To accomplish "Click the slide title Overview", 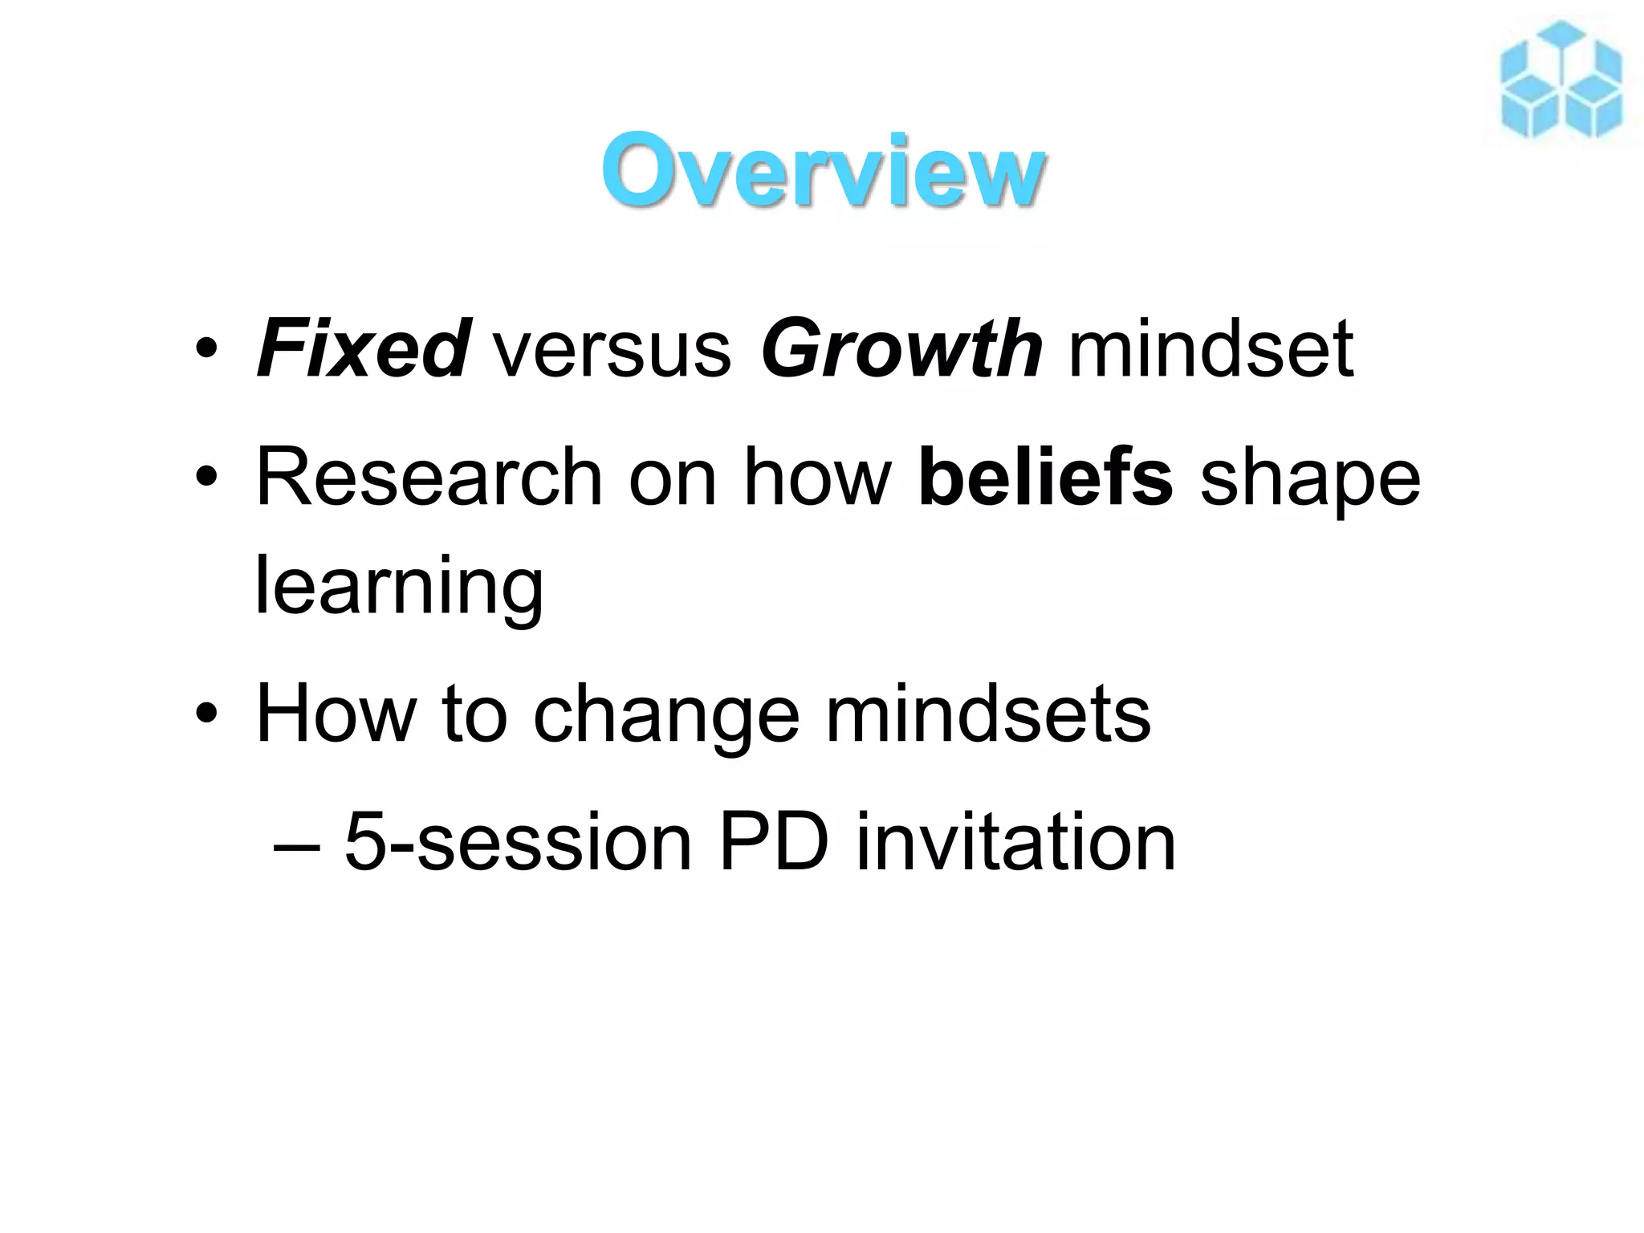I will point(822,170).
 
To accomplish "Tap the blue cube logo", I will point(1561,80).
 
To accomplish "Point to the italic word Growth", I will point(901,350).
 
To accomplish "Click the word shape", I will point(1310,482).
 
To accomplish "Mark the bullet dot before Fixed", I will point(206,350).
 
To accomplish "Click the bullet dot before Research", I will point(206,478).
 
